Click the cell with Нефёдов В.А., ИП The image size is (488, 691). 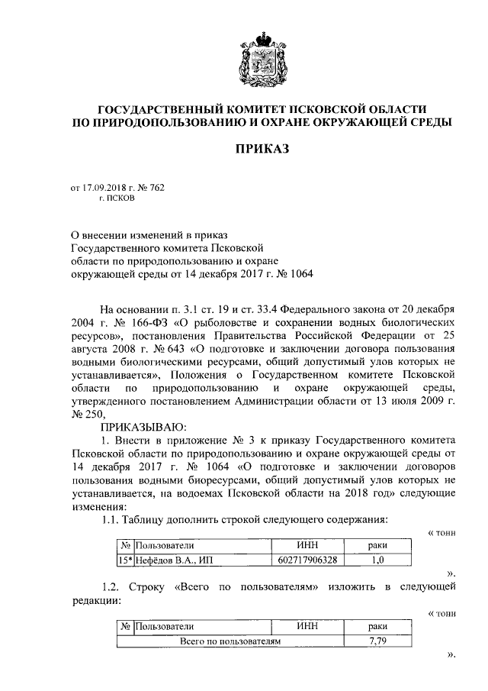(173, 560)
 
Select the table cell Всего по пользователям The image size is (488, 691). (230, 641)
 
